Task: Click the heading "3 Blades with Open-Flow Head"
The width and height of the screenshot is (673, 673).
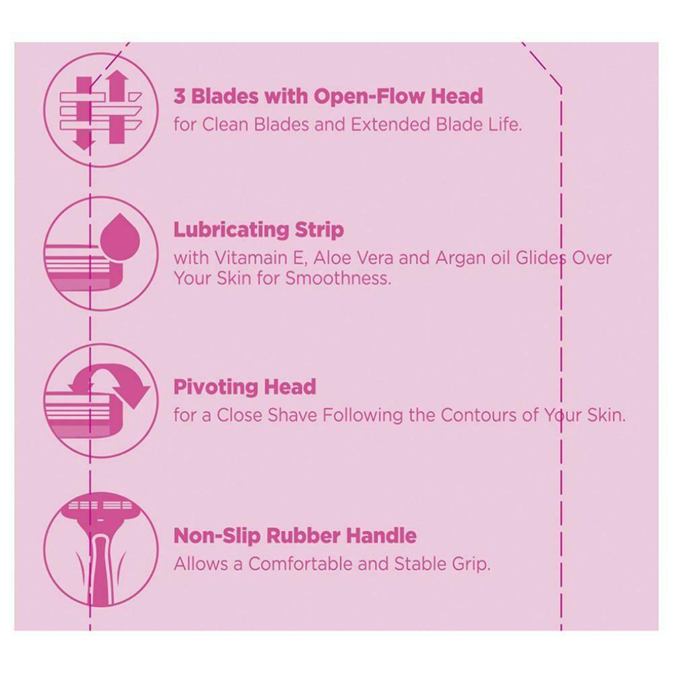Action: (328, 96)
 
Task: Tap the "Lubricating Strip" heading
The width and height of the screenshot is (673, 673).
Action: (259, 231)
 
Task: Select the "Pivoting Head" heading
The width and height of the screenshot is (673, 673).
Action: (245, 387)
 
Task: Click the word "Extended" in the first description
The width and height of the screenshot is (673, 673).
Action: (391, 125)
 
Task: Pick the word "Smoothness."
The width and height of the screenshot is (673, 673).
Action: (338, 278)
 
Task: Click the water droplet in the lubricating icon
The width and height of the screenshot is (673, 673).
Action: (120, 237)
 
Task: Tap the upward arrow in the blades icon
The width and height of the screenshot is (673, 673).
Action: (117, 107)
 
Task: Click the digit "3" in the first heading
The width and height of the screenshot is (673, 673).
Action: (179, 96)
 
